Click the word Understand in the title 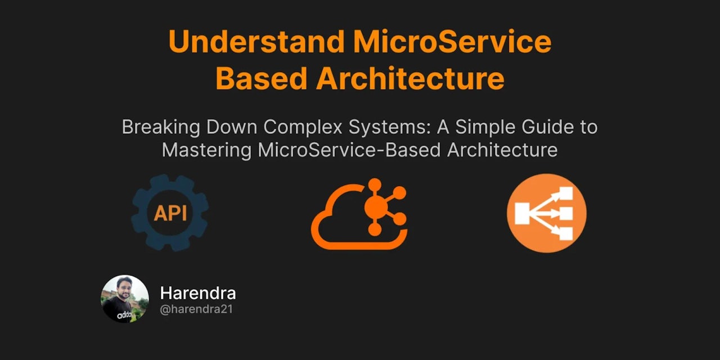pyautogui.click(x=256, y=42)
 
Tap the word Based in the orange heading pyautogui.click(x=260, y=78)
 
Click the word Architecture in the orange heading pyautogui.click(x=410, y=78)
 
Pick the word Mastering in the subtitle pyautogui.click(x=206, y=150)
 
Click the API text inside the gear pyautogui.click(x=170, y=214)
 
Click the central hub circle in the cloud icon pyautogui.click(x=375, y=208)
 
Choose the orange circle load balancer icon pyautogui.click(x=546, y=213)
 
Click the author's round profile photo pyautogui.click(x=125, y=299)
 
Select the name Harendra pyautogui.click(x=198, y=293)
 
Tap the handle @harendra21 pyautogui.click(x=196, y=309)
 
